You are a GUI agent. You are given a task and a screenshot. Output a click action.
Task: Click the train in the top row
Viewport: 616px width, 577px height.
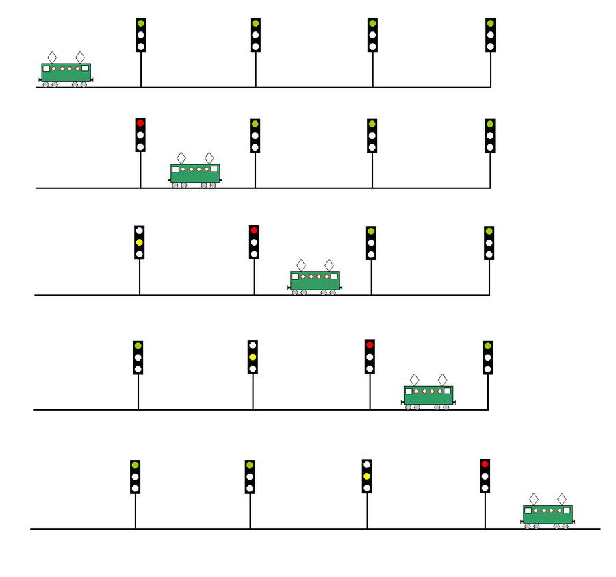[x=66, y=73]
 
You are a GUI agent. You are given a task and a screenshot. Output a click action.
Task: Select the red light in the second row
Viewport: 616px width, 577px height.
[x=140, y=124]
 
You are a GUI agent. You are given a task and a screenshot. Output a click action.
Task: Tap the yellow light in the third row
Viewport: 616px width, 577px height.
[x=140, y=242]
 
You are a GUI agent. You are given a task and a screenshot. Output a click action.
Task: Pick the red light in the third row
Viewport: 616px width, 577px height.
[x=254, y=231]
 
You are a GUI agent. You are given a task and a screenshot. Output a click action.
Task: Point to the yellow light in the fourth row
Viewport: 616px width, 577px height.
[x=253, y=357]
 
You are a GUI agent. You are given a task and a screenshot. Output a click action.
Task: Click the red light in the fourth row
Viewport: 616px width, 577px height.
[x=370, y=345]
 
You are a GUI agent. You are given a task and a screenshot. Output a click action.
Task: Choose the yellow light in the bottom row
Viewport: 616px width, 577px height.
[x=367, y=476]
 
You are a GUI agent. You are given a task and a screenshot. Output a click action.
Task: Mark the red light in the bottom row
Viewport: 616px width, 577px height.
[x=485, y=465]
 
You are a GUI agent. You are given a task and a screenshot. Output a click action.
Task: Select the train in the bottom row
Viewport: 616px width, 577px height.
[x=548, y=515]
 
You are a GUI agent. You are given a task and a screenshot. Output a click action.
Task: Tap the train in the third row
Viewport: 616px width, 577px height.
[x=315, y=281]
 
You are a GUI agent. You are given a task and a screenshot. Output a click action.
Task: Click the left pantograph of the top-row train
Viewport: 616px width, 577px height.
[x=52, y=57]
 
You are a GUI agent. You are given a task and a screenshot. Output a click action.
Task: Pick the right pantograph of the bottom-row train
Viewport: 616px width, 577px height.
[x=562, y=499]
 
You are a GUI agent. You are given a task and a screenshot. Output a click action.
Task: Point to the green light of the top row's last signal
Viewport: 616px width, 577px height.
[x=490, y=24]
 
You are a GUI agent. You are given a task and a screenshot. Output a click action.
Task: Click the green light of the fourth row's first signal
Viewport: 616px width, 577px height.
[x=138, y=346]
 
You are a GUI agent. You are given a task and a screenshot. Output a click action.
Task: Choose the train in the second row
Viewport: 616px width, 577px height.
[x=195, y=173]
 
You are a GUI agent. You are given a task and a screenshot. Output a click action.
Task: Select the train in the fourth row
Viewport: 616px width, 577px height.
[x=428, y=396]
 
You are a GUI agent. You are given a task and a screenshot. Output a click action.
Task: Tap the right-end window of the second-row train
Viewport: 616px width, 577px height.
[x=214, y=168]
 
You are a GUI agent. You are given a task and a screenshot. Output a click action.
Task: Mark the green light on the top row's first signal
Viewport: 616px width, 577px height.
[x=141, y=24]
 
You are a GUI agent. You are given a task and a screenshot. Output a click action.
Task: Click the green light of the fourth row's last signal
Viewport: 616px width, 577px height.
[x=487, y=346]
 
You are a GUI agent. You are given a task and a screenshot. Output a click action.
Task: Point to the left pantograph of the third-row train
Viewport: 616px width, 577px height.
[x=301, y=265]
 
